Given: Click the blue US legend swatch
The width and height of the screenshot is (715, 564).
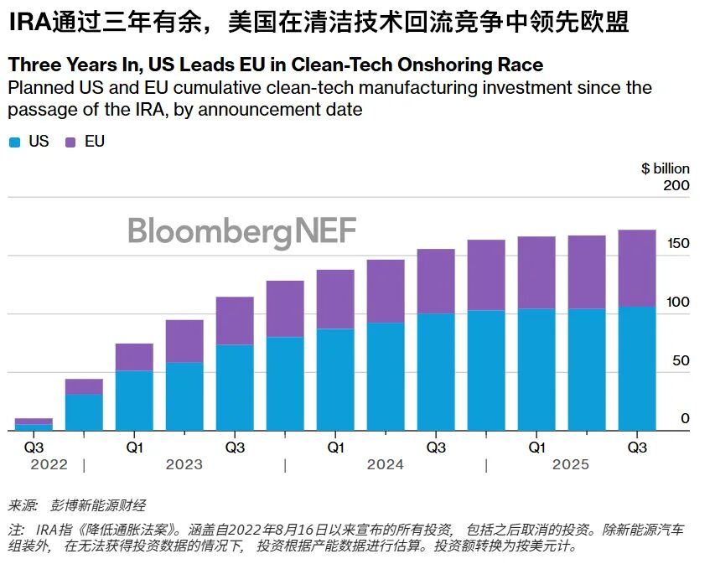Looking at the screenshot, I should [14, 142].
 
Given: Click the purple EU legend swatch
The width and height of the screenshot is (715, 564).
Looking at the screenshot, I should [70, 142].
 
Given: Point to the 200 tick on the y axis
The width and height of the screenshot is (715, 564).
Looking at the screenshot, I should [676, 185].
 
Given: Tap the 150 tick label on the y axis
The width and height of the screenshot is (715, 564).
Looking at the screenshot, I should [676, 244].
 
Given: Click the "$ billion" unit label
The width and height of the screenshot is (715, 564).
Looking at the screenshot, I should [666, 168].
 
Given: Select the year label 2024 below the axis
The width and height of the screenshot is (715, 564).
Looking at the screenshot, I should [386, 464].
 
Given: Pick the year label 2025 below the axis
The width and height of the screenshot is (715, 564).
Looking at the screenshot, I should [570, 464].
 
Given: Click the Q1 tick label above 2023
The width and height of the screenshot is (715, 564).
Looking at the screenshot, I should [134, 448].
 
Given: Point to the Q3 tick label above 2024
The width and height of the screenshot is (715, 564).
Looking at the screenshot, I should [436, 448].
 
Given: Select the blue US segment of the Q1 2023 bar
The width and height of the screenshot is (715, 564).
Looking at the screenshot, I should [134, 401].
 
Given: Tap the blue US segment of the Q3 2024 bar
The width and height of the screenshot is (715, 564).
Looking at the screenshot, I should [436, 372].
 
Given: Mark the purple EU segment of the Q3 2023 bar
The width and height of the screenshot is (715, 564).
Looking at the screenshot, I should [235, 321].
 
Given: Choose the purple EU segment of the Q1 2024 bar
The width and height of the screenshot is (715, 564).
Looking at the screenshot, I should [335, 299].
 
